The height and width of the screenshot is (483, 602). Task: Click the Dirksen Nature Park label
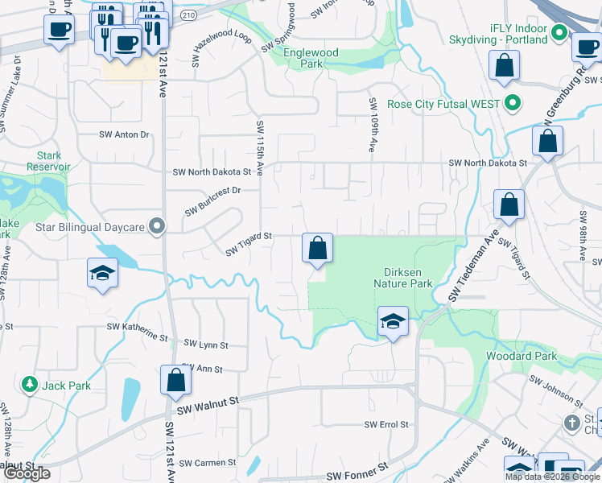tap(403, 277)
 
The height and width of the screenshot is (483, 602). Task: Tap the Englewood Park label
tap(311, 59)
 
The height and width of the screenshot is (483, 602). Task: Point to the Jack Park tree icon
tap(31, 386)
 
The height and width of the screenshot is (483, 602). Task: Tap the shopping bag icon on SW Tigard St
tap(318, 249)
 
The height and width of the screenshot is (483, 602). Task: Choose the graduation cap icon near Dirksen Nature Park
tap(392, 321)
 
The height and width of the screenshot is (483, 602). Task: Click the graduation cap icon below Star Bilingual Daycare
tap(102, 273)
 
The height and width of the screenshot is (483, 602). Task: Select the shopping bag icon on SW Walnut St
tap(175, 381)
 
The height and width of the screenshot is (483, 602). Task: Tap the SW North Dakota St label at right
tap(488, 163)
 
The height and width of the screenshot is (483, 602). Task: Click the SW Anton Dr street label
tap(124, 134)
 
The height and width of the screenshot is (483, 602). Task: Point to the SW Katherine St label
tap(137, 328)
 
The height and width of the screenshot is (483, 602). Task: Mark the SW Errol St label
tap(386, 424)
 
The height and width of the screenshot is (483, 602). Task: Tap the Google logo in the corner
tap(27, 473)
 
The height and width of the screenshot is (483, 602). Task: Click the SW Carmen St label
tap(208, 463)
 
